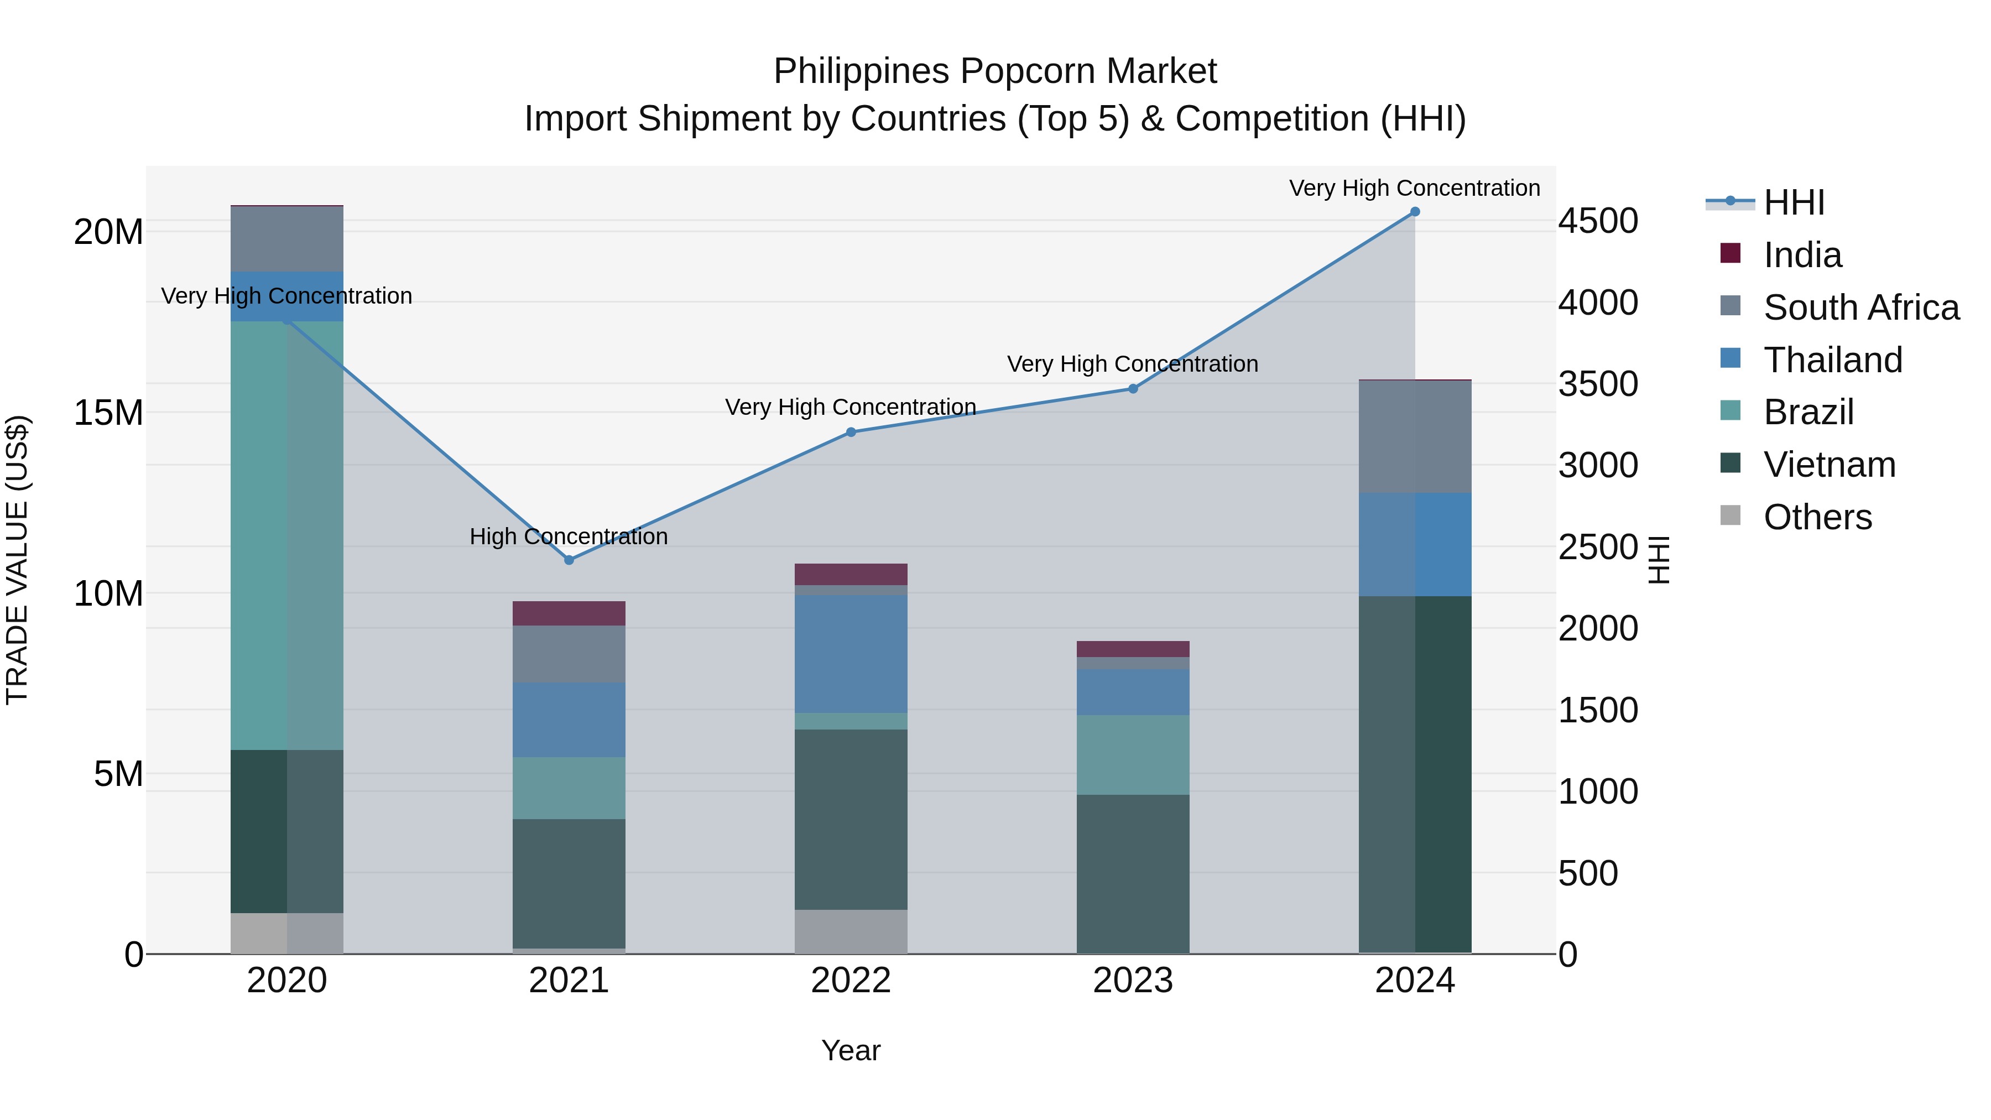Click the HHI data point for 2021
[569, 560]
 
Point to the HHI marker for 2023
[1133, 389]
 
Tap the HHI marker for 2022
[851, 432]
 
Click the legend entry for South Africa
[1861, 308]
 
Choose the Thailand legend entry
[1833, 360]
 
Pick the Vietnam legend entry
[1830, 465]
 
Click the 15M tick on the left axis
[108, 413]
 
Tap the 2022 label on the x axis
[851, 981]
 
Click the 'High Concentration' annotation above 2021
[569, 536]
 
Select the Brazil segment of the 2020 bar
[286, 535]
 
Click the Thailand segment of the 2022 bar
[851, 653]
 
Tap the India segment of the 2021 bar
[569, 613]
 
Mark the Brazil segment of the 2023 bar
[1133, 754]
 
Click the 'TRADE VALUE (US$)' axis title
[17, 560]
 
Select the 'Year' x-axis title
[851, 1050]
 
